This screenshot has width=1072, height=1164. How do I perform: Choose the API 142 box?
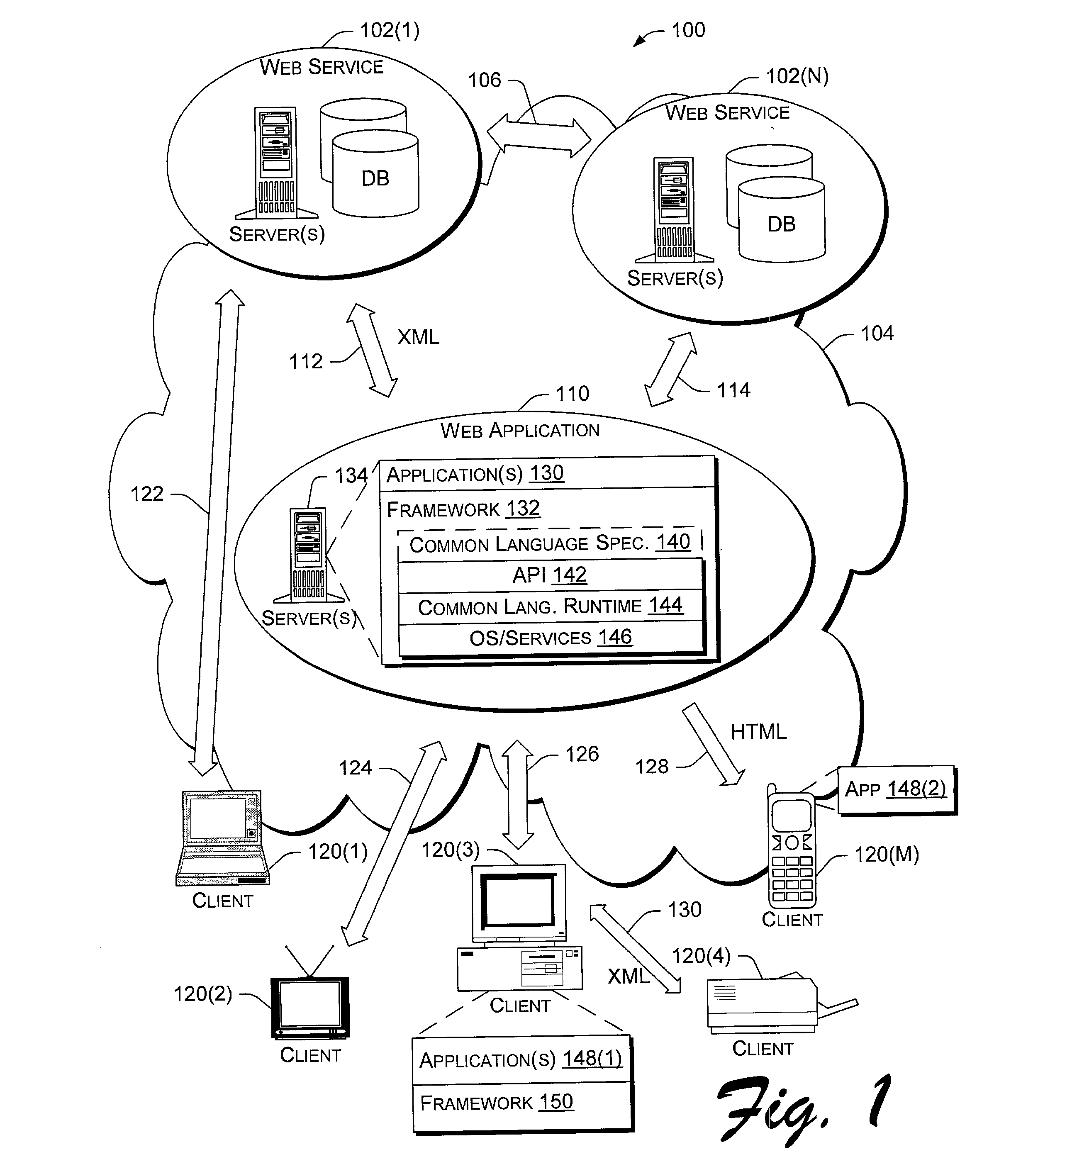tap(550, 575)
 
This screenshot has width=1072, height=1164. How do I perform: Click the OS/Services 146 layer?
tap(551, 638)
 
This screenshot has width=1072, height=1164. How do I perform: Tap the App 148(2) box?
tap(896, 789)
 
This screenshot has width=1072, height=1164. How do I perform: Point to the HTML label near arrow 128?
tap(758, 732)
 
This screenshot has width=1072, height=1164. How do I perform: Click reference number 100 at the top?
tap(688, 30)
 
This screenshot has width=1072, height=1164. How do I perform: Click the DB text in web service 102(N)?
tap(781, 224)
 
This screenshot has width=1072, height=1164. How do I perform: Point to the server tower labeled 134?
tap(309, 555)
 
